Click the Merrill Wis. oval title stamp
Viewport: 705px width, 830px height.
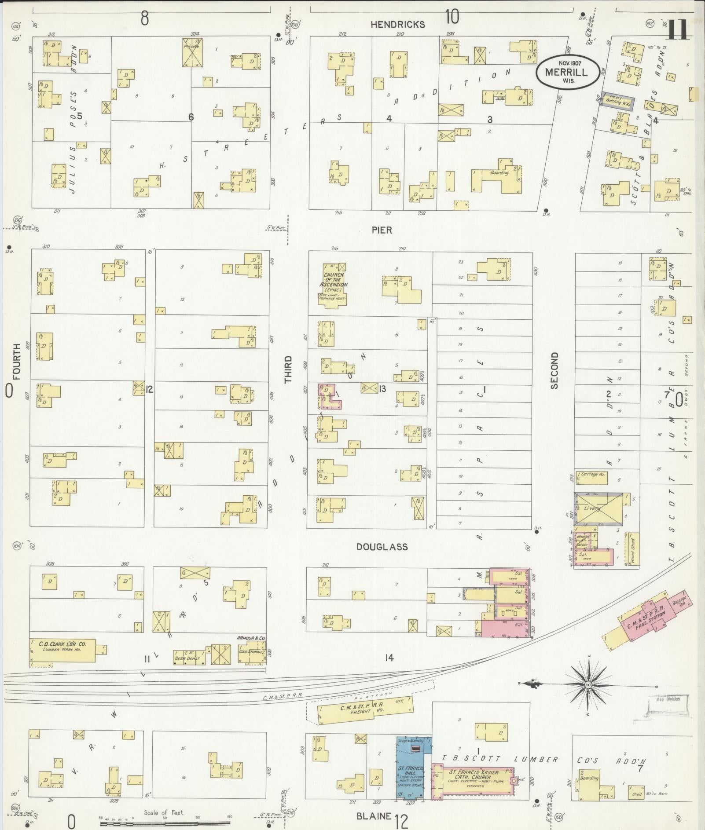pos(568,72)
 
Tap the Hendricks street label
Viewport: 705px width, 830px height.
pos(397,25)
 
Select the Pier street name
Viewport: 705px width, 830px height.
pos(381,230)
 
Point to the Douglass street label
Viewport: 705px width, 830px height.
pos(382,547)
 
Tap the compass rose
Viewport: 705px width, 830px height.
pos(588,686)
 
